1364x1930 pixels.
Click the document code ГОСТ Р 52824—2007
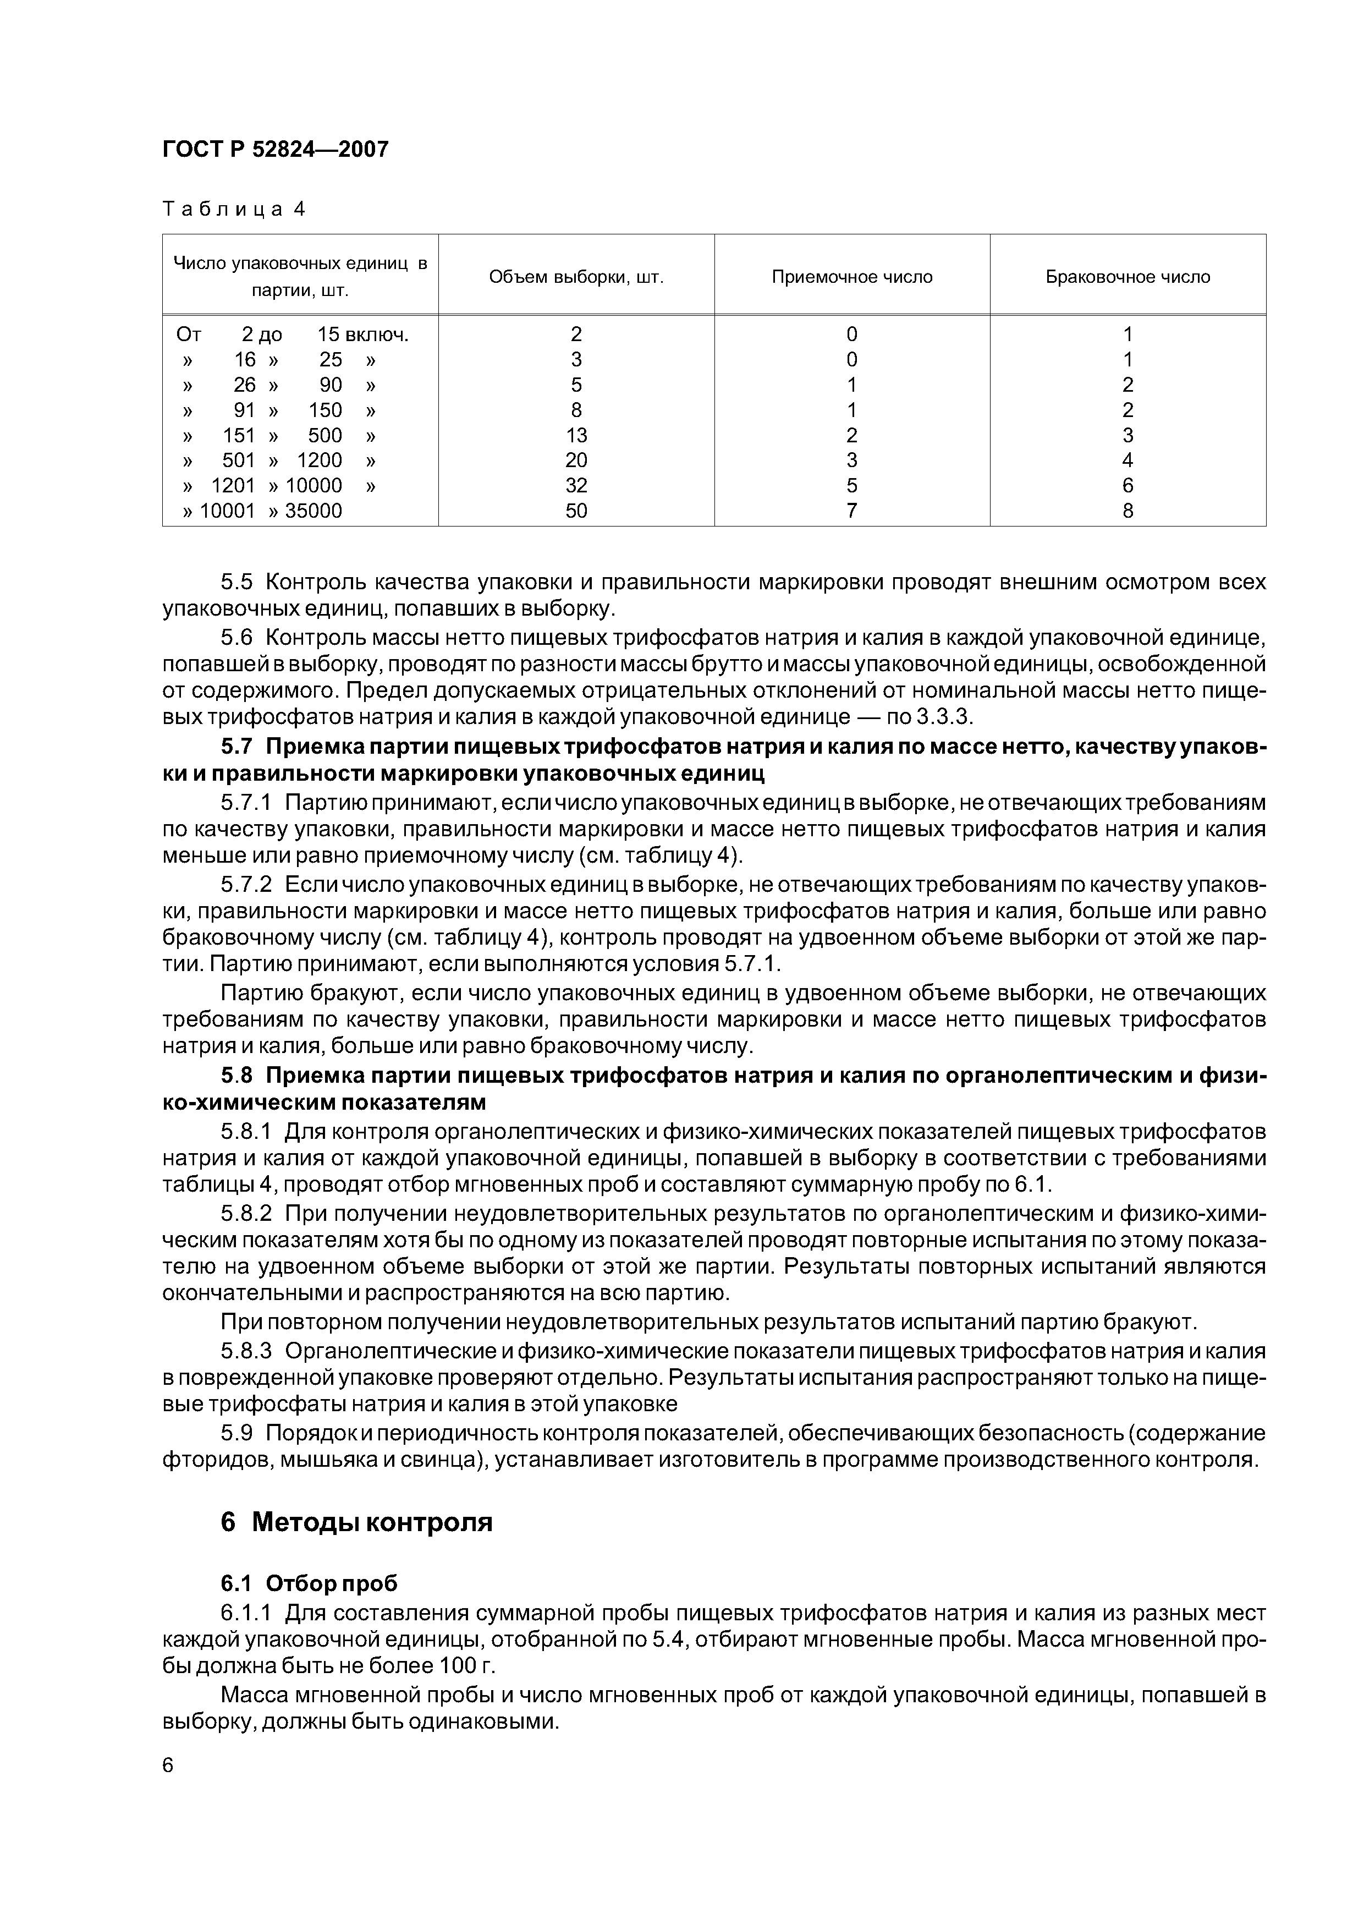coord(275,150)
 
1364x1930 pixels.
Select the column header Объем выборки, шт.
coord(576,277)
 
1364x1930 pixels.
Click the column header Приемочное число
coord(851,277)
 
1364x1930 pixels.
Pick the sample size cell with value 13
coord(576,435)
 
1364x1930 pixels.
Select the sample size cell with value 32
coord(576,486)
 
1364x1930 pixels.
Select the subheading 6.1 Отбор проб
coord(309,1584)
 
